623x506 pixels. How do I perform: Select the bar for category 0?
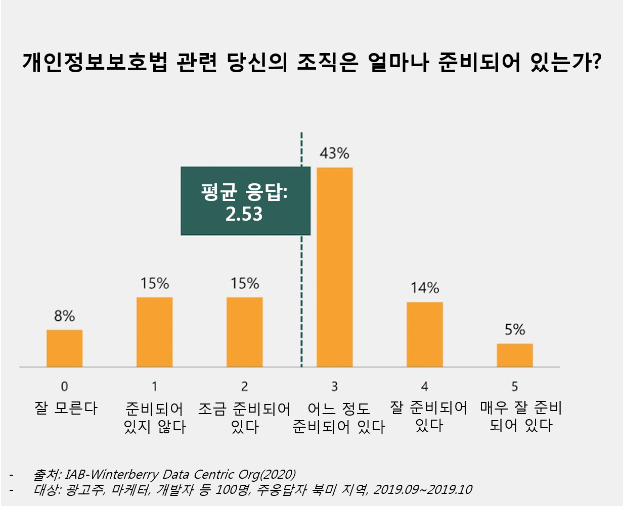[x=64, y=348]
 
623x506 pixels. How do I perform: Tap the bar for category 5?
[x=514, y=355]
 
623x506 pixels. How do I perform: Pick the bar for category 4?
[x=424, y=334]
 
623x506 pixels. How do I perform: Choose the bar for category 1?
[x=154, y=332]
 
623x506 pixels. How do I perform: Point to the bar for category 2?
[x=244, y=332]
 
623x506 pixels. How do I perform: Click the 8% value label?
[x=64, y=316]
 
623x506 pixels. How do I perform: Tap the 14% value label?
[x=424, y=288]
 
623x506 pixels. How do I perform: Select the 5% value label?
[x=514, y=330]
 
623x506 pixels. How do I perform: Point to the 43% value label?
[x=334, y=154]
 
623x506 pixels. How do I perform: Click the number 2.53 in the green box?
[x=244, y=214]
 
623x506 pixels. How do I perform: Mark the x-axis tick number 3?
[x=334, y=386]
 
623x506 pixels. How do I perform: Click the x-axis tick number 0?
[x=64, y=386]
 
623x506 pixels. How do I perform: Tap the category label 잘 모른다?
[x=66, y=408]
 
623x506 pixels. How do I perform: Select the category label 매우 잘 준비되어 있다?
[x=521, y=417]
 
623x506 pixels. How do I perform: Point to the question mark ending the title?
[x=595, y=63]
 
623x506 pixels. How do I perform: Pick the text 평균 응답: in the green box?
[x=244, y=192]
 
